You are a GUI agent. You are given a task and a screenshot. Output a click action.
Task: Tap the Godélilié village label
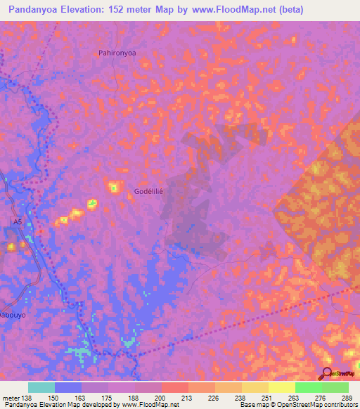pos(148,191)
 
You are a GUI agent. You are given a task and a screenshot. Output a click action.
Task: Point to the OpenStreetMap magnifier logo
pos(328,372)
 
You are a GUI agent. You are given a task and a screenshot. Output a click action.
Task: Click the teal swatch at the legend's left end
pos(41,387)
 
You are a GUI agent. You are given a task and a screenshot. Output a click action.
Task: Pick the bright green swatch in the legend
pos(308,387)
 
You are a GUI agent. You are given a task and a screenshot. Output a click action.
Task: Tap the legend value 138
pos(27,398)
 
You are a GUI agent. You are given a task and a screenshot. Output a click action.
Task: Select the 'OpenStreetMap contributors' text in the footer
pos(316,405)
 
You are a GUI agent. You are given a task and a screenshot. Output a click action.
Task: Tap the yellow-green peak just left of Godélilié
pos(113,187)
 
